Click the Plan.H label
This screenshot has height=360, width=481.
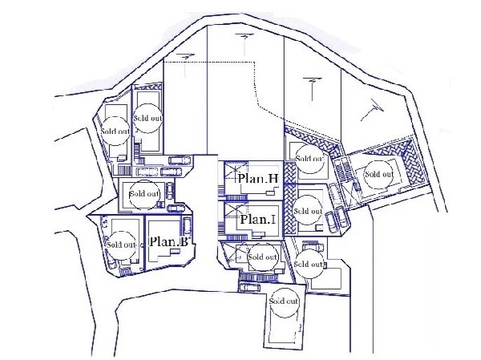258,178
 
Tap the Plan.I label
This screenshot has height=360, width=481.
257,219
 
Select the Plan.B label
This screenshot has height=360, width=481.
169,241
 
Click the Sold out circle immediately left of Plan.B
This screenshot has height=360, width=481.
122,245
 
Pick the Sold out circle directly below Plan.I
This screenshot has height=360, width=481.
263,257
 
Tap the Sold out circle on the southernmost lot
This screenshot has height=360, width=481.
284,301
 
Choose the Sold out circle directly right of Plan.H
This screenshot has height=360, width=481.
309,159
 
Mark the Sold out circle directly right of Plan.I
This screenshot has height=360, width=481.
308,211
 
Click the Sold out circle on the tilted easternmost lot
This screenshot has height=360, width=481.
379,174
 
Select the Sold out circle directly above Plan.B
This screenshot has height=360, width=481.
144,194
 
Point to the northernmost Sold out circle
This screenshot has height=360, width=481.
148,118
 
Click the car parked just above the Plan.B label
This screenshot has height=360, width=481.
187,226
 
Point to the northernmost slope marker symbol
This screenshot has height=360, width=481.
245,45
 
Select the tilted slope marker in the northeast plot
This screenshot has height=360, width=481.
373,110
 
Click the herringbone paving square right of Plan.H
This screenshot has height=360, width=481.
289,173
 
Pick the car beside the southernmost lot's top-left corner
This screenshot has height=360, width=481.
249,288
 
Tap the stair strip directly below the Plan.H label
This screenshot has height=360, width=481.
236,199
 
